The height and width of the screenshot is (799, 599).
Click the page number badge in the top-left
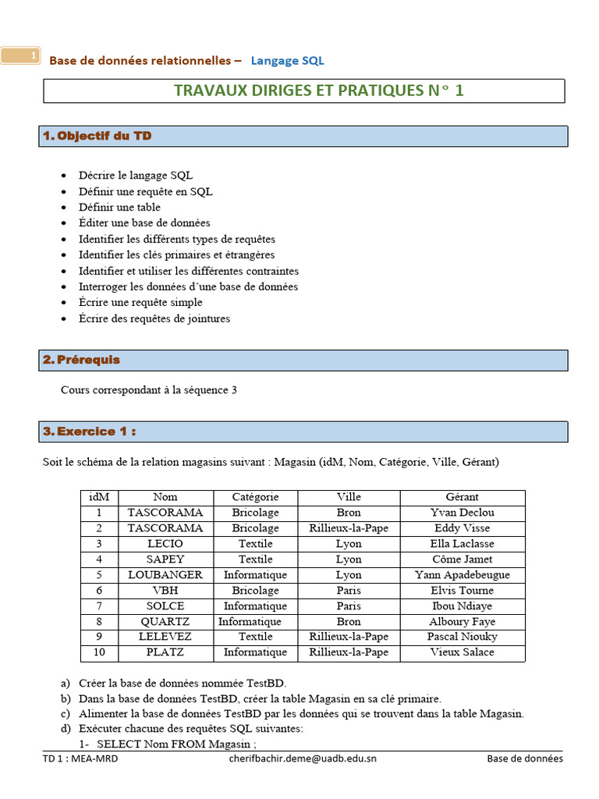click(x=21, y=56)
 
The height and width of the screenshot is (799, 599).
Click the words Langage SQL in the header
click(x=287, y=60)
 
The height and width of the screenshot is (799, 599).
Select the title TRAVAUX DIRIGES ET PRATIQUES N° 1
click(x=318, y=91)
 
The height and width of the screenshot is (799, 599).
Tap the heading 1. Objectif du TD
click(x=97, y=137)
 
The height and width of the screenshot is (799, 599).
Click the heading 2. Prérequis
click(x=81, y=360)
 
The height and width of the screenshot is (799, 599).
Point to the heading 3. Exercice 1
click(x=90, y=431)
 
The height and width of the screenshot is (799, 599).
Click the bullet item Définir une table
click(x=119, y=208)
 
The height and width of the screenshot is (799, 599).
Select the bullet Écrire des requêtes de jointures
click(x=154, y=318)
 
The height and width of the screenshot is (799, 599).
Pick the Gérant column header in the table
click(x=462, y=497)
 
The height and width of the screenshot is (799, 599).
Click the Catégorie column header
click(x=255, y=497)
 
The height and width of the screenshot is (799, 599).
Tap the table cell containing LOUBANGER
click(x=165, y=575)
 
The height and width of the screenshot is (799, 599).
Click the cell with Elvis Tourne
click(x=462, y=591)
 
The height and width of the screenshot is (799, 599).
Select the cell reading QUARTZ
click(x=165, y=622)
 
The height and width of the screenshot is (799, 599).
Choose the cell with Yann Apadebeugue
click(x=462, y=575)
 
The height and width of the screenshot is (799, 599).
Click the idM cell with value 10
click(x=99, y=652)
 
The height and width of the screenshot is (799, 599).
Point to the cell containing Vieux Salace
click(x=462, y=652)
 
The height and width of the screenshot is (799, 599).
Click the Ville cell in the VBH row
click(x=349, y=591)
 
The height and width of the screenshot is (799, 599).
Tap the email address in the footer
click(x=303, y=758)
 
